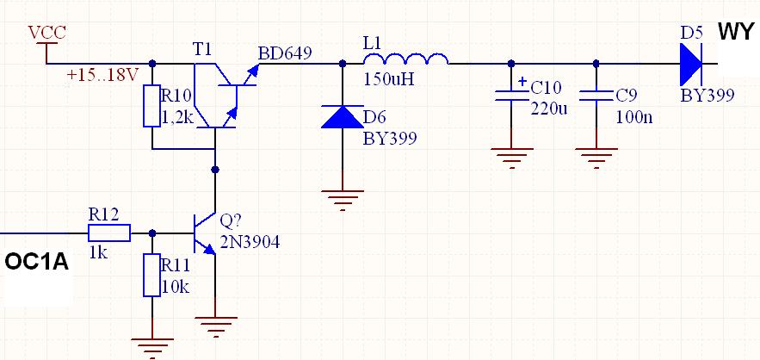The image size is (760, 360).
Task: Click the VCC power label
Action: click(47, 33)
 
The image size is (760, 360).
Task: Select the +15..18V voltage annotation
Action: click(102, 77)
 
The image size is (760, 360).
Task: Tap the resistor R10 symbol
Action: click(151, 106)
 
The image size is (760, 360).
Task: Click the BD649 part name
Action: click(285, 53)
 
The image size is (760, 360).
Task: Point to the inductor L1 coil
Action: click(406, 59)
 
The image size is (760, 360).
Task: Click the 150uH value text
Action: click(389, 79)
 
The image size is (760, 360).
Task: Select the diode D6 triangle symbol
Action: click(343, 116)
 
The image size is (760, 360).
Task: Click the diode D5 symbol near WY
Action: click(691, 63)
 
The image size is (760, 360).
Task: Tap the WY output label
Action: click(736, 32)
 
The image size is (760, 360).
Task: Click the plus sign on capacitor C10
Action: click(522, 82)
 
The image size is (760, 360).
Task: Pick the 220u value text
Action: click(548, 108)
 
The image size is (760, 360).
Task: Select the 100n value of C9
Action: click(634, 117)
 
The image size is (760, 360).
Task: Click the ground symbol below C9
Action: click(596, 158)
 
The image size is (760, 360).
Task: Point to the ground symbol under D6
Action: click(343, 200)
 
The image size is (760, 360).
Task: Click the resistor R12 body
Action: click(109, 233)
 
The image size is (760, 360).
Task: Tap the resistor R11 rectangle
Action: click(151, 275)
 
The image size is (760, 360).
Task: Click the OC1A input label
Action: click(36, 263)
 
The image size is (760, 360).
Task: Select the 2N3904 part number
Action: click(250, 242)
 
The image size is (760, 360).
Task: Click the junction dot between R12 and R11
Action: click(152, 233)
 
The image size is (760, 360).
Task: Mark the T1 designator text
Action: click(202, 49)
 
